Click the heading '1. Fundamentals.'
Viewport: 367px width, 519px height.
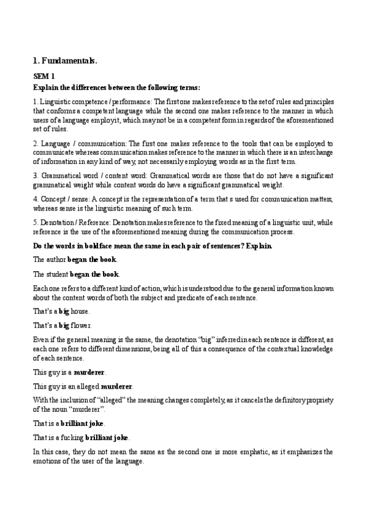pos(64,61)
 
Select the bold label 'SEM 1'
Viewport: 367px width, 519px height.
pos(44,77)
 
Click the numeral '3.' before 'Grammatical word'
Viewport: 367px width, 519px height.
pos(36,176)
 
